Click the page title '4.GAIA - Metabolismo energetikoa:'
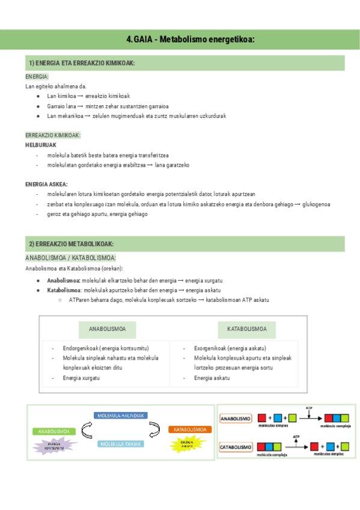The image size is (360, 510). point(191,39)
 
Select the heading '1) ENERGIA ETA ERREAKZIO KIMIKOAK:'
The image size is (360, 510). point(82,64)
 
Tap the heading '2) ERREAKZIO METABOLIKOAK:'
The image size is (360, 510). point(71,244)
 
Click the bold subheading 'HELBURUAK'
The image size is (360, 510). point(41,145)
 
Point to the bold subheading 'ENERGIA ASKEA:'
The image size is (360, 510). point(46,184)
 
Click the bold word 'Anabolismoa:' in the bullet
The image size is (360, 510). point(64,280)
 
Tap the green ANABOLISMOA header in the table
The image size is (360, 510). point(108,330)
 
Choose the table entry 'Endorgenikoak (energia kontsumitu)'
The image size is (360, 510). point(106,348)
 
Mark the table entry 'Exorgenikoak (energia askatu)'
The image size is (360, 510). point(230,348)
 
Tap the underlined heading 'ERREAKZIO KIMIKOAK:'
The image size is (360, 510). point(53,135)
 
